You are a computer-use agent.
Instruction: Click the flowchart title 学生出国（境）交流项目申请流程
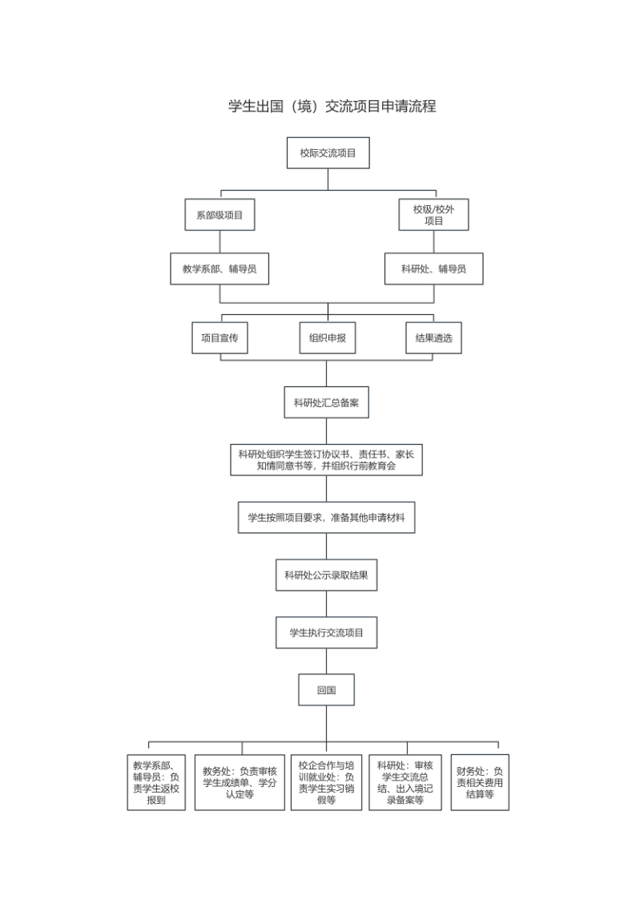point(332,106)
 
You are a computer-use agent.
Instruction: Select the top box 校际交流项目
point(328,153)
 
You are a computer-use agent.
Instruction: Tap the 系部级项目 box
point(219,215)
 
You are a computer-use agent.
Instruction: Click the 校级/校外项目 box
point(433,215)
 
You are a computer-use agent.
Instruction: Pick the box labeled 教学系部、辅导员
point(219,268)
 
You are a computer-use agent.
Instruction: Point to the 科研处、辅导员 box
point(433,268)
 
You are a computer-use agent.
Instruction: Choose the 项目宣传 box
point(219,338)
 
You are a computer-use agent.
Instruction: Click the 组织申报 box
point(328,338)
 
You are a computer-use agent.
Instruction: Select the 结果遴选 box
point(433,338)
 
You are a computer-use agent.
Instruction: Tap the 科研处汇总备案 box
point(326,402)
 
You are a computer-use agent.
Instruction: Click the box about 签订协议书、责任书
point(326,460)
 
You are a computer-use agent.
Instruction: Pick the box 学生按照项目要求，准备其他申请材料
point(326,517)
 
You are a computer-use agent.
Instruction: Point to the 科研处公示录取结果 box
point(326,575)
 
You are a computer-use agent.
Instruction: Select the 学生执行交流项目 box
point(326,632)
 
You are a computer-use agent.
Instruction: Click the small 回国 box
point(326,690)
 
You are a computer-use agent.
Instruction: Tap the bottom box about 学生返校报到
point(156,782)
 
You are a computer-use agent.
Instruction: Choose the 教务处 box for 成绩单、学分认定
point(240,782)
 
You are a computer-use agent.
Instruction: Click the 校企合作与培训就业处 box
point(326,782)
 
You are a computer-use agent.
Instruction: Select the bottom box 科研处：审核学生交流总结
point(405,782)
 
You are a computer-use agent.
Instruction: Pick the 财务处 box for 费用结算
point(480,782)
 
